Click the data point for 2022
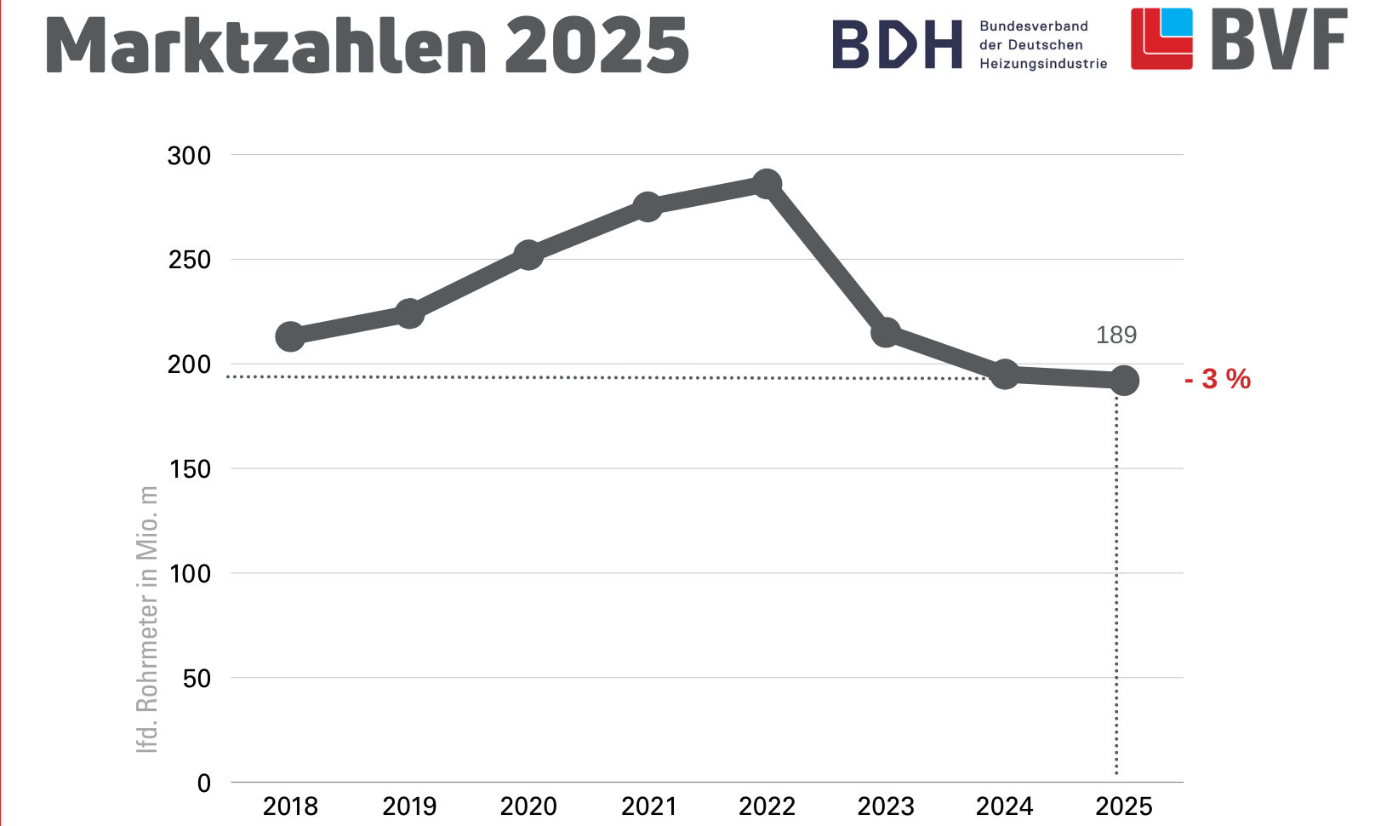click(x=767, y=184)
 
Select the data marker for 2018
click(x=290, y=336)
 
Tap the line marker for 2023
click(x=886, y=333)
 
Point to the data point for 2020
click(x=528, y=255)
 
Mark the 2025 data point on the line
click(x=1124, y=381)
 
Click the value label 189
click(x=1116, y=335)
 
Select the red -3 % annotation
click(x=1218, y=379)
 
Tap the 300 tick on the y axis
click(x=189, y=156)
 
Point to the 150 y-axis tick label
click(x=189, y=469)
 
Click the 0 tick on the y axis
click(x=203, y=783)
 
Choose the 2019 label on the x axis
click(x=409, y=806)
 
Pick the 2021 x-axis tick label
click(x=648, y=806)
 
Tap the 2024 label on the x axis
click(x=1005, y=806)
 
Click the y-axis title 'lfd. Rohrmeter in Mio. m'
click(x=147, y=619)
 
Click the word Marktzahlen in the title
click(x=265, y=45)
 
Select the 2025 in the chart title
click(x=596, y=45)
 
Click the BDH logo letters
click(x=897, y=45)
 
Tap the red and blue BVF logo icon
click(x=1161, y=39)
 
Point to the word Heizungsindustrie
click(x=1043, y=64)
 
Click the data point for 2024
click(x=1005, y=374)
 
